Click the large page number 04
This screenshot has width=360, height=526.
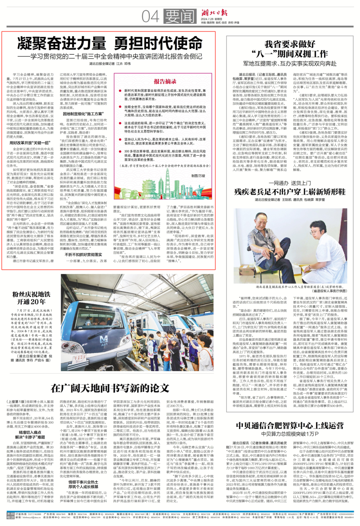tap(151, 16)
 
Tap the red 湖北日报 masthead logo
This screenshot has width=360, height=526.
tap(214, 13)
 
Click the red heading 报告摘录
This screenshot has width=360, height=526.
tap(165, 81)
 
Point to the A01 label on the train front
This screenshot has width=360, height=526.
tap(104, 345)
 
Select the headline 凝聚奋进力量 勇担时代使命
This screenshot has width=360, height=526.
tap(110, 44)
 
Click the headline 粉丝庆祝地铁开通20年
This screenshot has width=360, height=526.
tap(31, 298)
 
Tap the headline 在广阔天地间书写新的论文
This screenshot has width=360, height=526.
tap(110, 388)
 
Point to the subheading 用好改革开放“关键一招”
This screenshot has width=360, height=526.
tap(30, 143)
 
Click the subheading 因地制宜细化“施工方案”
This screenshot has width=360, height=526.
tap(83, 114)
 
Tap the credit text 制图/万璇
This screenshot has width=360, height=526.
tap(198, 176)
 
